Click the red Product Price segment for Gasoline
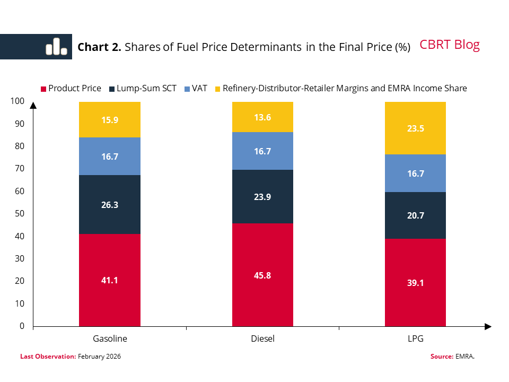[x=110, y=280]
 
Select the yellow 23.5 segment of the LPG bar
[x=415, y=128]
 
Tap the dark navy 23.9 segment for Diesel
[x=263, y=196]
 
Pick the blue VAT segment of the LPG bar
[x=415, y=173]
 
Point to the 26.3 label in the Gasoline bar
[x=110, y=205]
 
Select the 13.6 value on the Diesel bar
[x=263, y=117]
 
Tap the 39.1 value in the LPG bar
[x=415, y=283]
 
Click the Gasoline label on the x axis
[x=110, y=338]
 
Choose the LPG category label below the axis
[x=415, y=338]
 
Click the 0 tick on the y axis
[x=22, y=326]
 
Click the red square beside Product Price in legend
[x=43, y=89]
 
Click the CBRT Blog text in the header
[x=450, y=45]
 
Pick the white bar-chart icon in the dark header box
[x=56, y=47]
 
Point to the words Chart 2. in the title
[x=100, y=47]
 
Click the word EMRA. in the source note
[x=464, y=357]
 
